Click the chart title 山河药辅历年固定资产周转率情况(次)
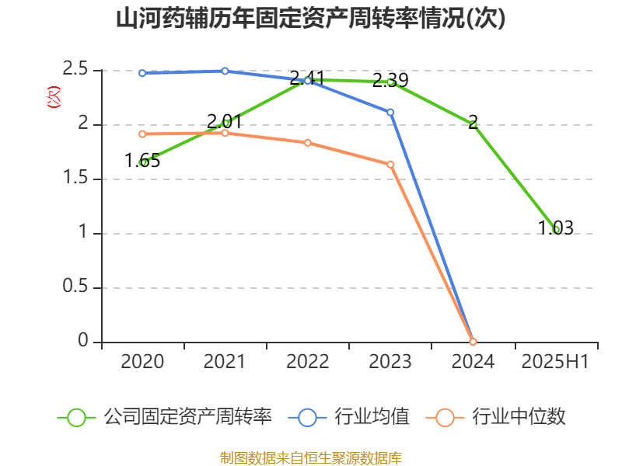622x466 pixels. click(x=311, y=19)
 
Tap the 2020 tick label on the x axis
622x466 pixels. click(x=142, y=362)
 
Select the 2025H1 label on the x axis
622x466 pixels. click(x=555, y=362)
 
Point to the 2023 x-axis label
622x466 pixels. click(x=390, y=362)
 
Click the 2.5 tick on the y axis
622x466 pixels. click(x=76, y=71)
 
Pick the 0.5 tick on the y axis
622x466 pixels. click(x=76, y=288)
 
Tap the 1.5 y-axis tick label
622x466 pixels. click(x=76, y=179)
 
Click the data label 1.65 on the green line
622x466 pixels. click(x=142, y=161)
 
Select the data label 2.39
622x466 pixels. click(x=390, y=80)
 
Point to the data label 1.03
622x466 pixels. click(x=555, y=228)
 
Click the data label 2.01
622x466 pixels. click(x=225, y=121)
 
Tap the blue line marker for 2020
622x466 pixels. click(x=142, y=73)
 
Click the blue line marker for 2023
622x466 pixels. click(x=390, y=112)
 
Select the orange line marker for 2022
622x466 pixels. click(x=308, y=143)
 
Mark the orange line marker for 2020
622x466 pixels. click(x=142, y=134)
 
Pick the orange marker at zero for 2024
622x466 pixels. click(x=473, y=342)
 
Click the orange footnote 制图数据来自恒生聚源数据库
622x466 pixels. click(x=311, y=457)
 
